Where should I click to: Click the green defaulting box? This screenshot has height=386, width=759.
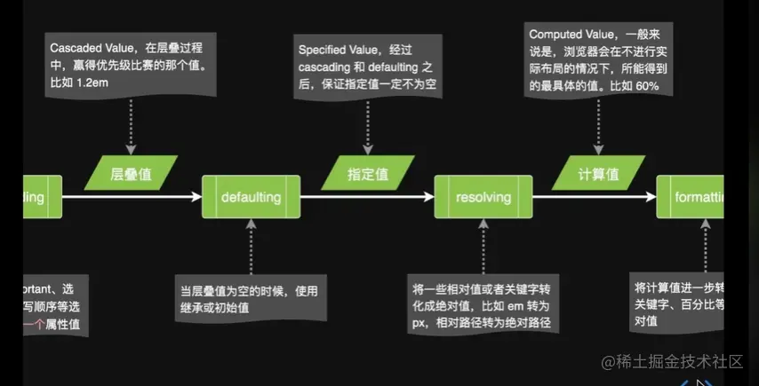251,197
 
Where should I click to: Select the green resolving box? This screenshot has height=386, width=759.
483,197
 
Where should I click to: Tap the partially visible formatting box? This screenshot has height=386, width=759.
691,197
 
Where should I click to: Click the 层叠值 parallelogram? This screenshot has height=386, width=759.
131,173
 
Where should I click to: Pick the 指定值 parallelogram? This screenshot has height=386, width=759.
364,173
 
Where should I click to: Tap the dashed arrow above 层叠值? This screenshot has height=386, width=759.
131,124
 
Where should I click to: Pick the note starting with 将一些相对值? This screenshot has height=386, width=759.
483,306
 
